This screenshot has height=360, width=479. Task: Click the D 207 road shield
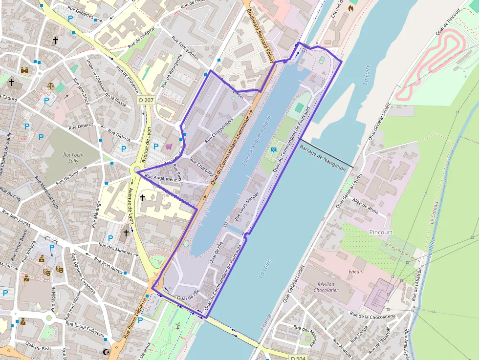click(x=146, y=100)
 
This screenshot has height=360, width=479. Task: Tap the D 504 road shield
click(x=299, y=358)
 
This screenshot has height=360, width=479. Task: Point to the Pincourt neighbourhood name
click(x=381, y=232)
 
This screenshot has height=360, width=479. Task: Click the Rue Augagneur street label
click(x=161, y=178)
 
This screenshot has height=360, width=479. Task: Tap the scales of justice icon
click(x=51, y=85)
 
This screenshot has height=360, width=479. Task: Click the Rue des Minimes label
click(x=115, y=249)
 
